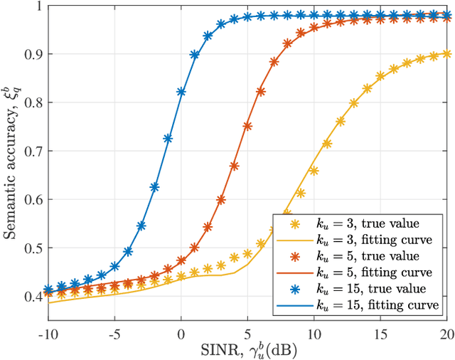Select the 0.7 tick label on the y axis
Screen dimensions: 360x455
pos(32,151)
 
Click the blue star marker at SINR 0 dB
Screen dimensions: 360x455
pos(181,92)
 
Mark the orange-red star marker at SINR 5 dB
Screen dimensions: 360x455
pos(247,126)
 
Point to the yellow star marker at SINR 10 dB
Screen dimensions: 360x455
pos(314,171)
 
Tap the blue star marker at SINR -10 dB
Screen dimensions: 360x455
pos(48,290)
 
